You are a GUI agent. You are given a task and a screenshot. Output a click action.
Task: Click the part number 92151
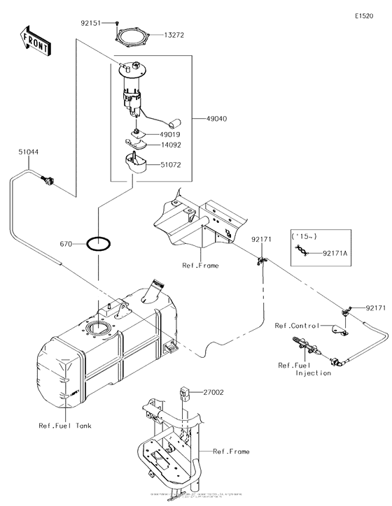coord(91,23)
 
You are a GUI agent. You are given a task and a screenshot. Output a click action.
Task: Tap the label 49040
coord(217,120)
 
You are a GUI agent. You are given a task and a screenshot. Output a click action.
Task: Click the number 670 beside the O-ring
coord(66,244)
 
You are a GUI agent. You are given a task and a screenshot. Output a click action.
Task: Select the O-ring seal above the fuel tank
coord(98,244)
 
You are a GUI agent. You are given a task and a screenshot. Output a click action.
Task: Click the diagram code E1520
coord(365,15)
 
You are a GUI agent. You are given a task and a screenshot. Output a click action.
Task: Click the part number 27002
coord(213,393)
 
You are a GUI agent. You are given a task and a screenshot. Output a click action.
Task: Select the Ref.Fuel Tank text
coord(66,426)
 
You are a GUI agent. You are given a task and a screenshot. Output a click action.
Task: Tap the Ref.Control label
coord(297,326)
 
